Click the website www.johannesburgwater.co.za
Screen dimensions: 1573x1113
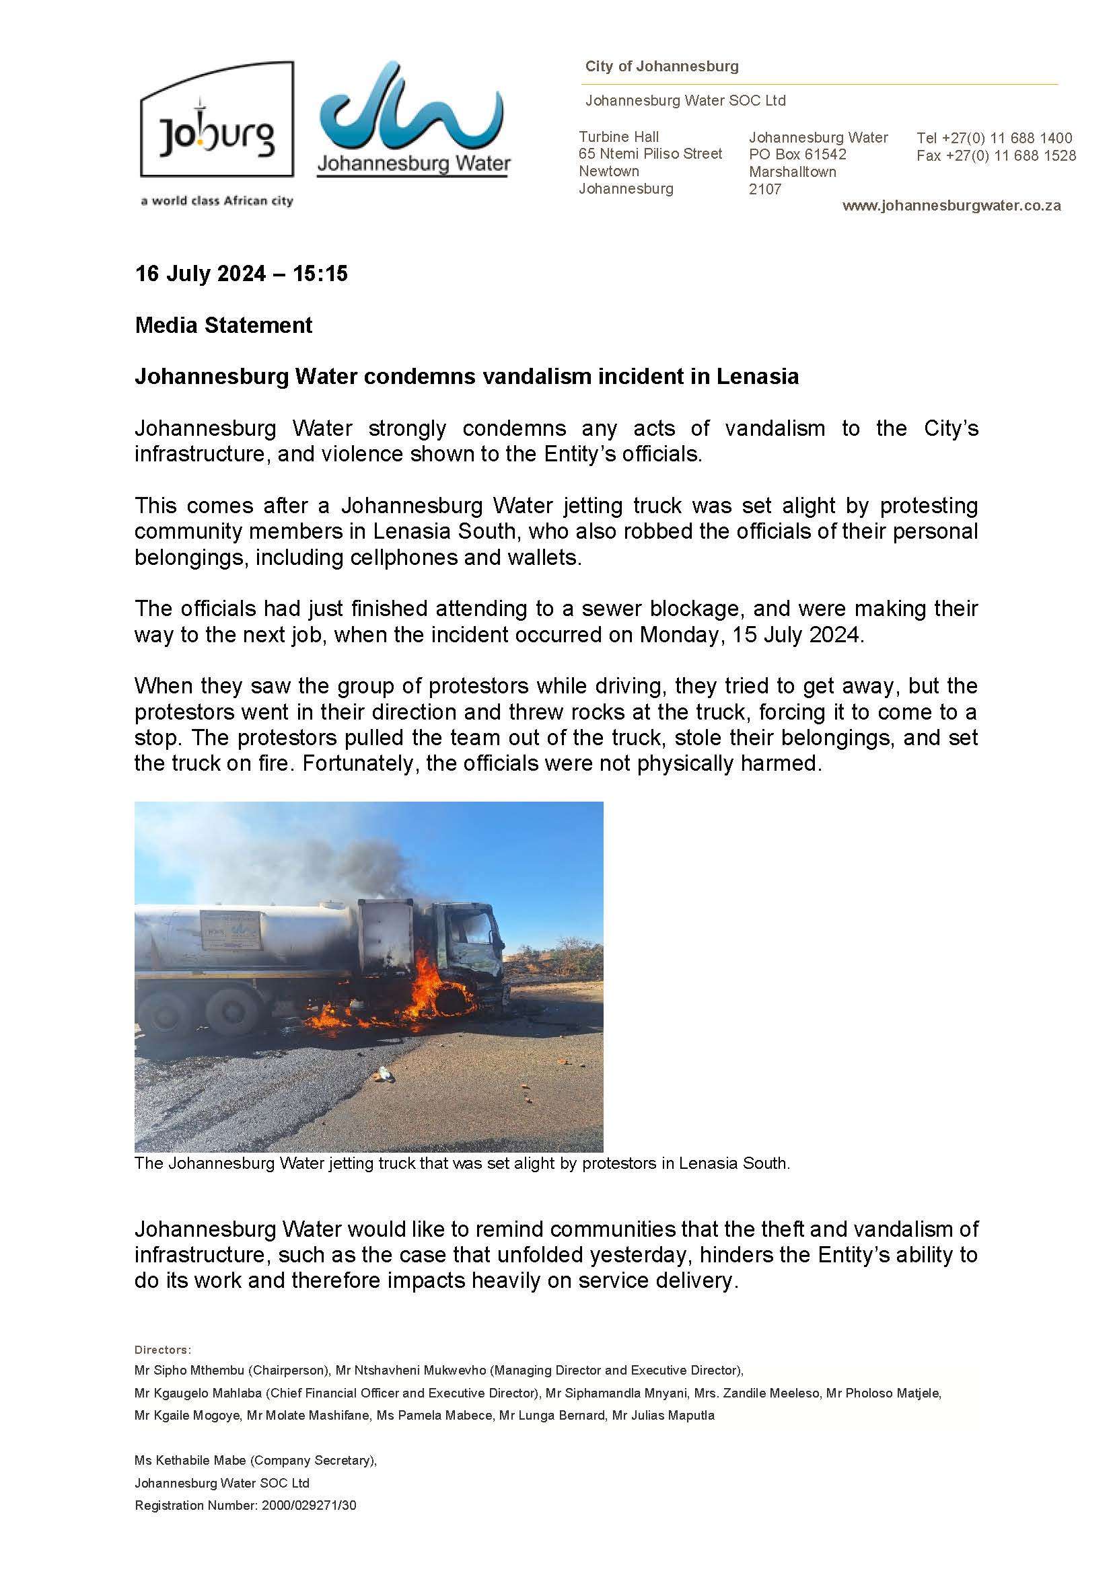coord(952,206)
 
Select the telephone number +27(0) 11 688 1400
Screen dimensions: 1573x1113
coord(1007,139)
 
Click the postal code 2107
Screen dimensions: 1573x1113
coord(765,189)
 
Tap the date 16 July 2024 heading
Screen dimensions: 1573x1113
coord(242,274)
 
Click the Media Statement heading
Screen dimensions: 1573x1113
coord(223,325)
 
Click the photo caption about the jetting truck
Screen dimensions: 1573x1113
coord(462,1163)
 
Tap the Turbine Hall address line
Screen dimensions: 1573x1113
coord(618,137)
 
